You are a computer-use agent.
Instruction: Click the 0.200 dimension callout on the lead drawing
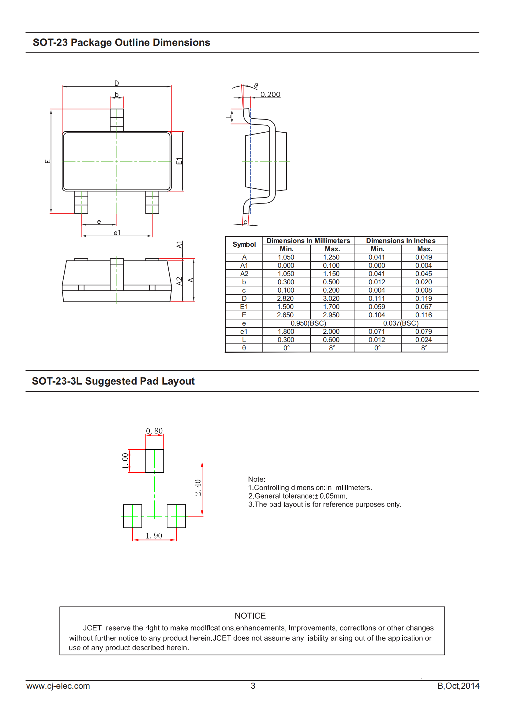coord(270,94)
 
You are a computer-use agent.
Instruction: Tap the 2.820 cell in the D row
coord(285,298)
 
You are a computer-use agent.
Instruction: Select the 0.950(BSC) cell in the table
coord(308,323)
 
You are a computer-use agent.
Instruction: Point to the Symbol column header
coord(244,245)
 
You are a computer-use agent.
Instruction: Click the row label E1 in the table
coord(244,307)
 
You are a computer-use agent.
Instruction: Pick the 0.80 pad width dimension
coord(154,431)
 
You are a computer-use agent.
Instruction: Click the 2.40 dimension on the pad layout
coord(198,487)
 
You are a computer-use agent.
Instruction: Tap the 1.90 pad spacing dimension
coord(154,536)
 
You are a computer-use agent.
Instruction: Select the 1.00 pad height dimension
coord(125,461)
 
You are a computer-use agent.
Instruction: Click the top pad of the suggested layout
coord(154,461)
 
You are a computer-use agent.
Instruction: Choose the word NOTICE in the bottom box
coord(250,616)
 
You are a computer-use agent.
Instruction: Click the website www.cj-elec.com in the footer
coord(58,686)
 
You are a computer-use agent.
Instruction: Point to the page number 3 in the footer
coord(253,686)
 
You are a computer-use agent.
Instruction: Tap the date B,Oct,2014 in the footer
coord(458,686)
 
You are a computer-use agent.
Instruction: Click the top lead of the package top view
coord(117,120)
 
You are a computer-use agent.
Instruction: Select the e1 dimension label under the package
coord(117,233)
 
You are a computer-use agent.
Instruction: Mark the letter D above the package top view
coord(117,83)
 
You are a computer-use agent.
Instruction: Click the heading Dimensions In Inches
coord(401,241)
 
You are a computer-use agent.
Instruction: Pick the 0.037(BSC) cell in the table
coord(401,323)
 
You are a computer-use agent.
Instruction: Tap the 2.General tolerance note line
coord(298,496)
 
